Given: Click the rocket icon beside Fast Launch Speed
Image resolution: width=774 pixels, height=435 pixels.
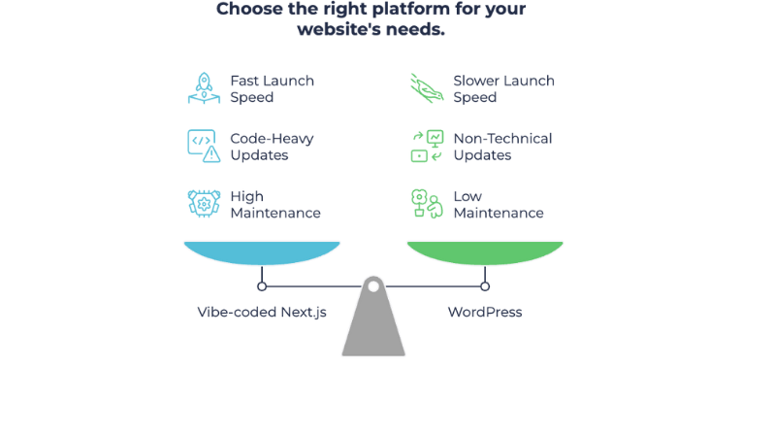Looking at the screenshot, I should click(204, 88).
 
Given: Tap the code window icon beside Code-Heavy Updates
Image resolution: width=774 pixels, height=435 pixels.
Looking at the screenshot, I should click(204, 146).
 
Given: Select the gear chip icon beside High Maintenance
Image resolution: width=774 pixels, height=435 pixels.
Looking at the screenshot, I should click(204, 204).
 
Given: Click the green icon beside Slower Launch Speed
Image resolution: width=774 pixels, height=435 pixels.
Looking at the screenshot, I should click(427, 88).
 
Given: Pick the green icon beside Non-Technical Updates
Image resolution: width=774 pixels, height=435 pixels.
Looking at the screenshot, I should click(427, 146).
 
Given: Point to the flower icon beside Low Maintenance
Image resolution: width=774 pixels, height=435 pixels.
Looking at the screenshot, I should click(427, 204).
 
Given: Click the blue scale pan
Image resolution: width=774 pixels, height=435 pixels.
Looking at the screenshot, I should click(262, 253).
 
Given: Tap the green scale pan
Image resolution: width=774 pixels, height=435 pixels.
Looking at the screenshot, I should click(485, 253).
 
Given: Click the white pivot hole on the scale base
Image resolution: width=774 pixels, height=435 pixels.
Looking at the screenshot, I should click(373, 286).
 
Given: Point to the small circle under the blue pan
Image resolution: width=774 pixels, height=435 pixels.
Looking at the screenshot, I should click(262, 286).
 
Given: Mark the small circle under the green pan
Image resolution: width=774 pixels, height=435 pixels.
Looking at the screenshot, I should click(485, 286).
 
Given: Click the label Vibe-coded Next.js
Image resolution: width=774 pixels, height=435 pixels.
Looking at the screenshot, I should click(262, 313).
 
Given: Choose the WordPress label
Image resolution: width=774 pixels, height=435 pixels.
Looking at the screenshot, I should click(485, 313).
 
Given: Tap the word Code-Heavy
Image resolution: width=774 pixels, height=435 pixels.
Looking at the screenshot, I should click(272, 139).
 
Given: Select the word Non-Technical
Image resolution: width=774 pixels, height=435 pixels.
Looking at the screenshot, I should click(502, 139).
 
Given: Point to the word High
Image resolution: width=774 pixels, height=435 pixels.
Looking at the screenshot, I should click(246, 197).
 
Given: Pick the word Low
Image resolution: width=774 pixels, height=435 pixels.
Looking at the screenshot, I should click(468, 197).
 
